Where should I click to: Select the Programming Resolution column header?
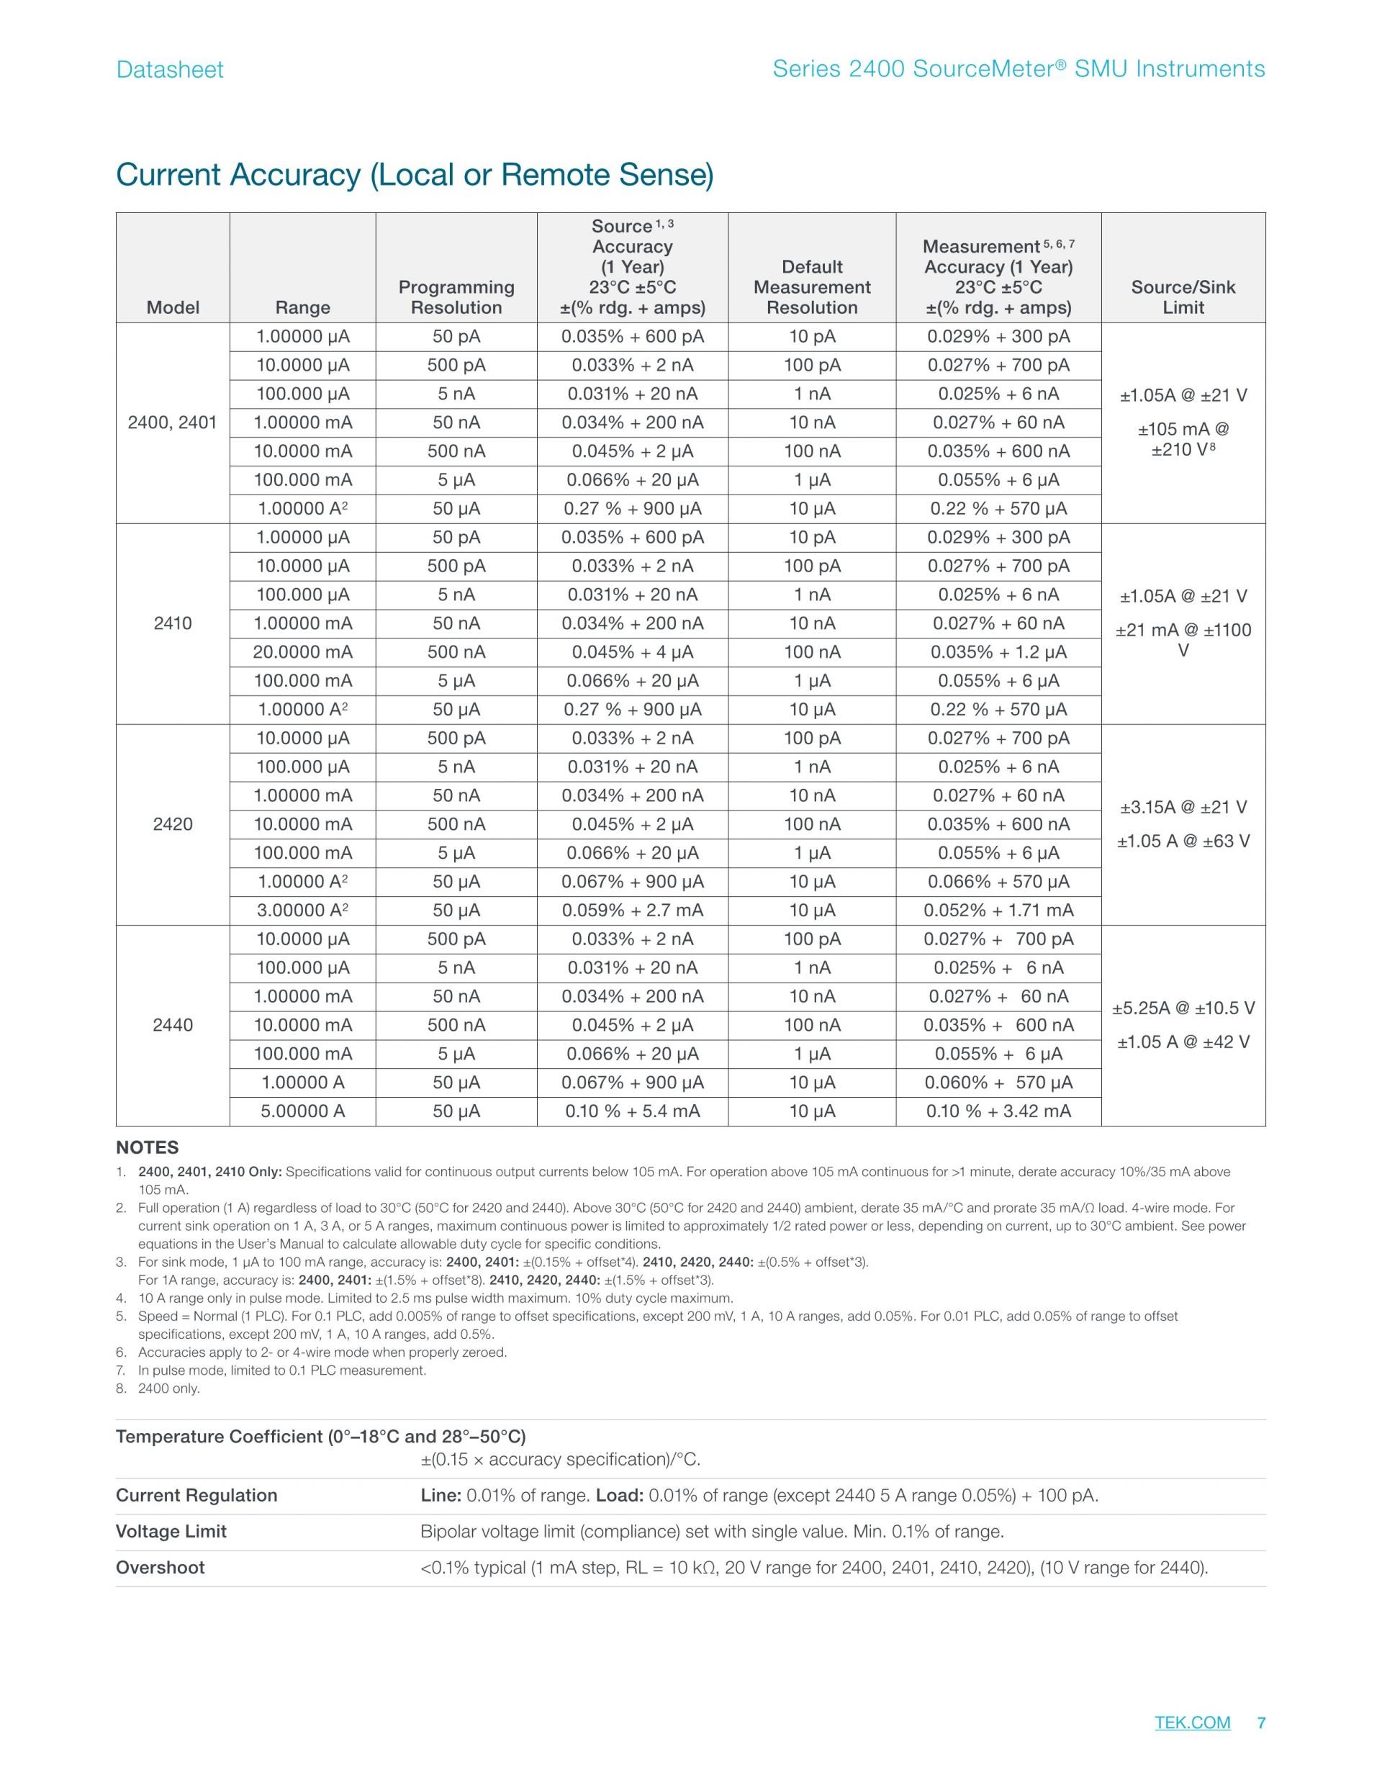tap(456, 297)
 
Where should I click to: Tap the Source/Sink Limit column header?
tap(1183, 297)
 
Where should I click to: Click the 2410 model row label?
tap(173, 624)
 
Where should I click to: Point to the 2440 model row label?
tap(173, 1025)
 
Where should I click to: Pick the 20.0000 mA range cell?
tap(303, 652)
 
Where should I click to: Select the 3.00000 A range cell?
tap(303, 911)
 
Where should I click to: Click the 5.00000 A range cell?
tap(303, 1111)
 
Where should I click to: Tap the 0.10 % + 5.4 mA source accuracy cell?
tap(632, 1111)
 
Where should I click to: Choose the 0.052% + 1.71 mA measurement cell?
tap(998, 911)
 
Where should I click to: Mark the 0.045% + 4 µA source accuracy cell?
tap(632, 652)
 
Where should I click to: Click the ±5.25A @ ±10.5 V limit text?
tap(1183, 1008)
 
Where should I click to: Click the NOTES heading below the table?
tap(148, 1148)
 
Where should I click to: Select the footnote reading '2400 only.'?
tap(168, 1389)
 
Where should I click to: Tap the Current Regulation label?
tap(197, 1496)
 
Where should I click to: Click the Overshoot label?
tap(161, 1568)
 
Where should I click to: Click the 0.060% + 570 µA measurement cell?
tap(998, 1083)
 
